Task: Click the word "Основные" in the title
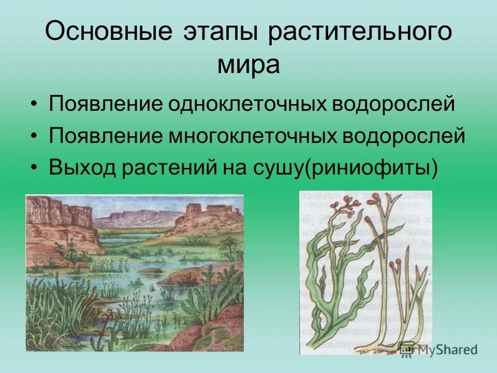pyautogui.click(x=108, y=33)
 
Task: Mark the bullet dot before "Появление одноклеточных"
pyautogui.click(x=34, y=104)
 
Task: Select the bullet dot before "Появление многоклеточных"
pyautogui.click(x=34, y=136)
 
